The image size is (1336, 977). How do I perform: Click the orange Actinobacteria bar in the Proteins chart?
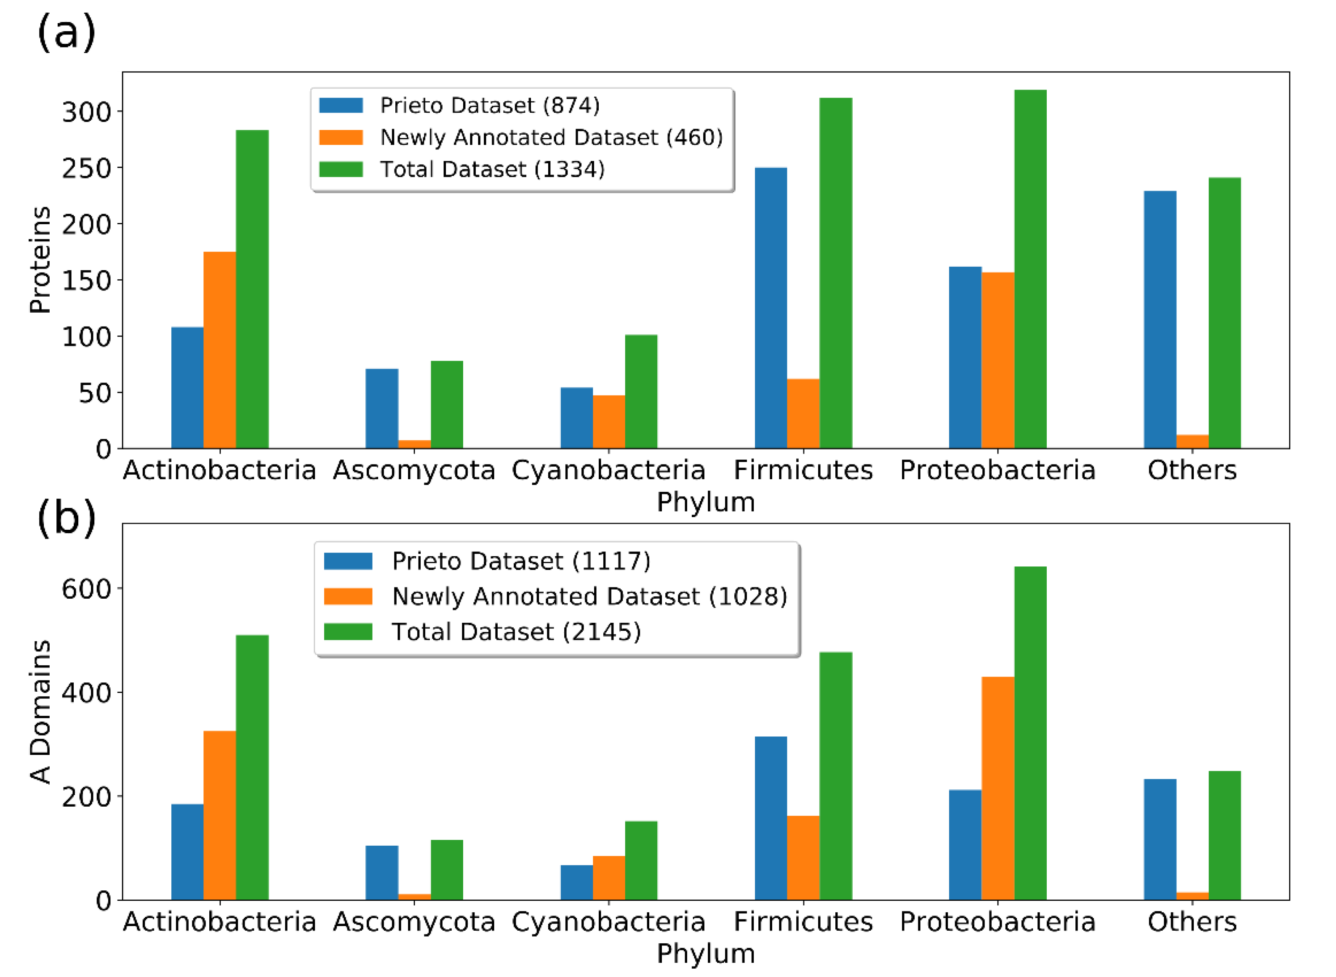tap(219, 350)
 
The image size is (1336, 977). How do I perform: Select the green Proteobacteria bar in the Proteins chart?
tap(1030, 269)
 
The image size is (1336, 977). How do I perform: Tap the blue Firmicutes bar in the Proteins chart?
tap(771, 308)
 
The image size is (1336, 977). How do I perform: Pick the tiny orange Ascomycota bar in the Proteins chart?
tap(414, 444)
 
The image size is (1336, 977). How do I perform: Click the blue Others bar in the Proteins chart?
tap(1160, 319)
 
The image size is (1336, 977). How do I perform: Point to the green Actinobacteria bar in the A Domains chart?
tap(252, 767)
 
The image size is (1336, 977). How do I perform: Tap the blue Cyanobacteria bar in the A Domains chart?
tap(576, 882)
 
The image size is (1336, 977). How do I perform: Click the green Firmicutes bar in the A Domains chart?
tap(835, 776)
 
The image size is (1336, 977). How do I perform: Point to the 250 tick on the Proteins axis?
tap(86, 169)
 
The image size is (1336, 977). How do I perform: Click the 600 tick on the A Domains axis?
tap(86, 589)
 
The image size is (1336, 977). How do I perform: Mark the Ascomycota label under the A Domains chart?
tap(414, 922)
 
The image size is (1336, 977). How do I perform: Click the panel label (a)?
tap(66, 32)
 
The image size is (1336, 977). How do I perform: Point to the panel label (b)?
tap(66, 518)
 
